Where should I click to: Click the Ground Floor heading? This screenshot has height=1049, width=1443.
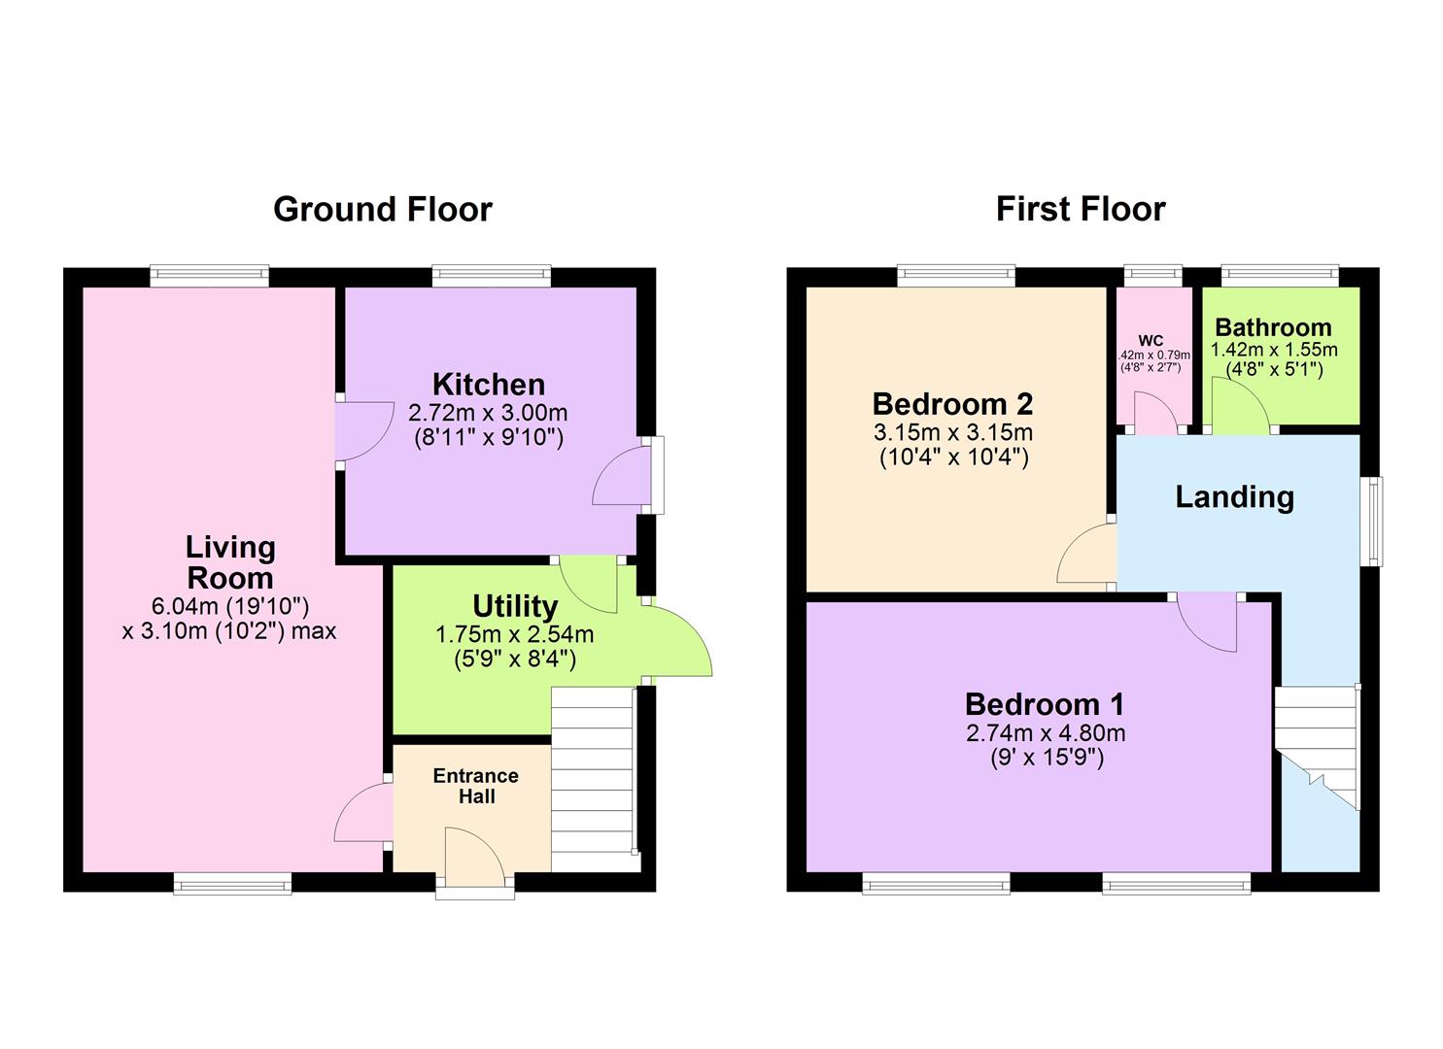coord(382,210)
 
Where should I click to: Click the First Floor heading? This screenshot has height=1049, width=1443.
coord(1080,210)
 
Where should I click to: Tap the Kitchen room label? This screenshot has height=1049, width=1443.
coord(488,385)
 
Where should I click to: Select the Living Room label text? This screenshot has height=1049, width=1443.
coord(230,562)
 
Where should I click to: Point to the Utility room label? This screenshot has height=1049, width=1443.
coord(514,606)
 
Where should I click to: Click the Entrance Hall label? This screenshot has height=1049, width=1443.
coord(475,786)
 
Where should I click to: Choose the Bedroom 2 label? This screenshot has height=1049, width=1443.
coord(952,403)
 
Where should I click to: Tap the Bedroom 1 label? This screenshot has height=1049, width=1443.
coord(1045,703)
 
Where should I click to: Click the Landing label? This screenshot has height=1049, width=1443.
coord(1234,497)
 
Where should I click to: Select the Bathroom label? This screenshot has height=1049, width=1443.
coord(1273,327)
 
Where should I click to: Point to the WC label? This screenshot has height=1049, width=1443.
coord(1151,341)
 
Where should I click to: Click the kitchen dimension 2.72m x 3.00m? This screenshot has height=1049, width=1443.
coord(488,414)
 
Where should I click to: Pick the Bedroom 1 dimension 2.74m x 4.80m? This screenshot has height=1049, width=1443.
coord(1045,733)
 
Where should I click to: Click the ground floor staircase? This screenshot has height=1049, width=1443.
coord(592,777)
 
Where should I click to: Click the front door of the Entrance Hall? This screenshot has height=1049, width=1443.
coord(474,860)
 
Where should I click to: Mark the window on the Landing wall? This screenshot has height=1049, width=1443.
coord(1372,521)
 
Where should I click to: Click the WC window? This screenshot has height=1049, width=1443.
coord(1153,276)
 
